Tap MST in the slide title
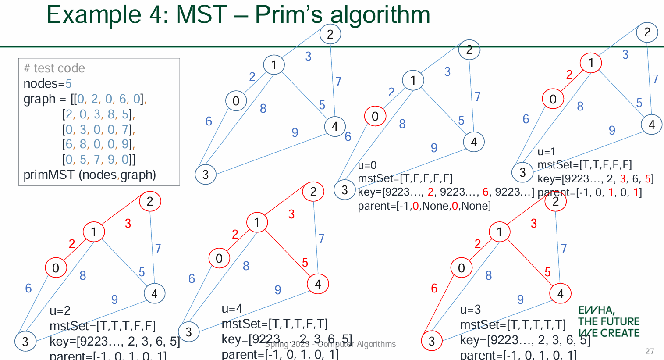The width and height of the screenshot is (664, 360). pos(202,14)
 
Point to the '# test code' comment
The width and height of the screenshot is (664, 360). pos(54,68)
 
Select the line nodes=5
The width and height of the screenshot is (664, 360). pos(47,83)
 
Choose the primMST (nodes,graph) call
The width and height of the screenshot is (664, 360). pos(89,175)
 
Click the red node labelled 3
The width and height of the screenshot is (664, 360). pos(432,341)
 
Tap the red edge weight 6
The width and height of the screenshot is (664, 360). pos(434,288)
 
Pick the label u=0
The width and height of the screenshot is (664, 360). pos(367,165)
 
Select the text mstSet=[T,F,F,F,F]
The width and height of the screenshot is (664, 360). pos(405,178)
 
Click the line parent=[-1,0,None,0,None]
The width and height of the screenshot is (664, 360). pos(424,206)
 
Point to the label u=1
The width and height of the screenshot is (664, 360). pos(547,152)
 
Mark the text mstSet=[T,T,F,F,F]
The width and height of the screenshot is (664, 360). pos(585,165)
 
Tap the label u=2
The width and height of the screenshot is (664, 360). pos(60,311)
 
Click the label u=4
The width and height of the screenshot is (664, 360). pos(232,309)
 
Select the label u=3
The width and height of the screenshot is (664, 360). pos(470,310)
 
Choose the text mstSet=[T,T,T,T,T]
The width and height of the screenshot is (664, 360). pos(513,325)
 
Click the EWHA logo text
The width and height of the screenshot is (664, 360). pos(608,322)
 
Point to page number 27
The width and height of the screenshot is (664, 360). pos(650,351)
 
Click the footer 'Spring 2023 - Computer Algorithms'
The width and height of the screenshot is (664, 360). pos(330,344)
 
